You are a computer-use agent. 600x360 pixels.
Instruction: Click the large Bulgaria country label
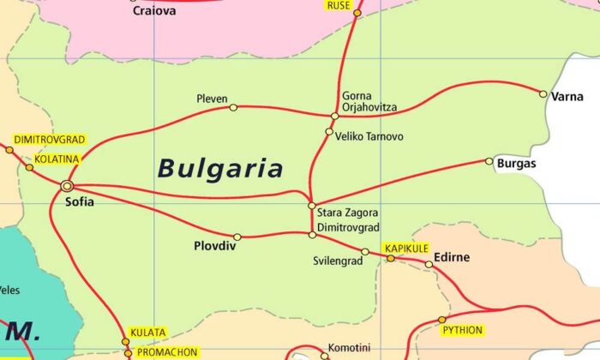point(219,167)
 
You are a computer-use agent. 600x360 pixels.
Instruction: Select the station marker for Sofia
point(67,185)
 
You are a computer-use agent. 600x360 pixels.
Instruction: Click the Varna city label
point(567,97)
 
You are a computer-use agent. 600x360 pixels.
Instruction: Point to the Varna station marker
point(543,93)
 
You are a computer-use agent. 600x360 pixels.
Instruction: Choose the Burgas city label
point(516,163)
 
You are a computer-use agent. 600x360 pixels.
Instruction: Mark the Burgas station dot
point(489,161)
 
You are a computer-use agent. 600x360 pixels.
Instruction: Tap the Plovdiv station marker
point(237,237)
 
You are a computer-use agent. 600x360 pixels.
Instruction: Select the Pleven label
point(211,98)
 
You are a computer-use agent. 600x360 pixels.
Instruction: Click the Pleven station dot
point(234,107)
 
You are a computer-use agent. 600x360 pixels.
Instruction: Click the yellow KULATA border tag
point(147,333)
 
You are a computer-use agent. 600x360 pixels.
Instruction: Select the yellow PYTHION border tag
point(463,330)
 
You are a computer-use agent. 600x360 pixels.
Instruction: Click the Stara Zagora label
point(347,213)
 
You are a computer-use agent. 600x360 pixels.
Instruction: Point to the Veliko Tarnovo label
point(369,136)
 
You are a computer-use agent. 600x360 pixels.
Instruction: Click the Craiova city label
point(153,11)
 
